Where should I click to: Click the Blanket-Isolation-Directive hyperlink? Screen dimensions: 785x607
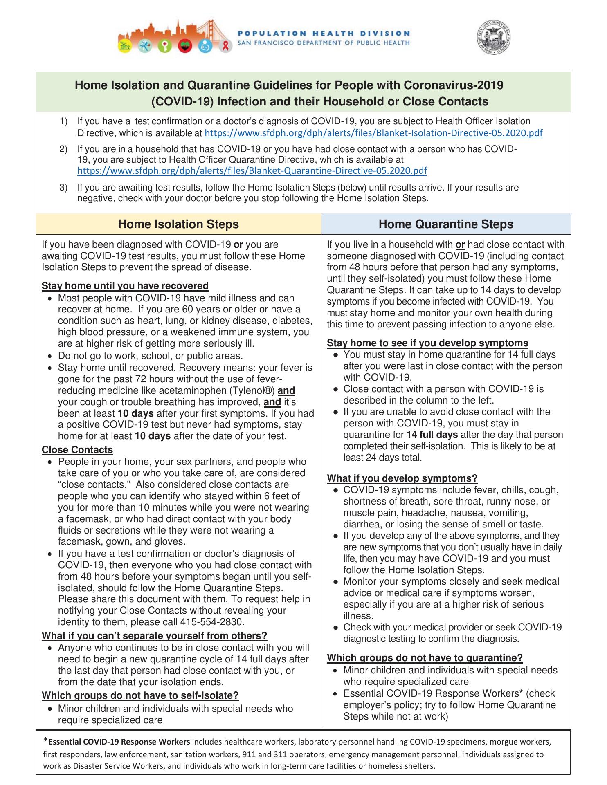[x=373, y=133]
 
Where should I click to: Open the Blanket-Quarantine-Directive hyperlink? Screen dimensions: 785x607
[x=252, y=170]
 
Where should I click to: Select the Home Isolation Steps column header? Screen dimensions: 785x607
[x=178, y=224]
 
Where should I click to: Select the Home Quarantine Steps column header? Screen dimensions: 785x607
[x=446, y=224]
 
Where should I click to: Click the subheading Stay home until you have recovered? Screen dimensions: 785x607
[x=125, y=285]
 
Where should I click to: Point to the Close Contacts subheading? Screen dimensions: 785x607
[x=77, y=450]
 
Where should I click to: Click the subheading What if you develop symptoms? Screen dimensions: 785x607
[x=402, y=478]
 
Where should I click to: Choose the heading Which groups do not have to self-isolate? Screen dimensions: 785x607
[x=140, y=695]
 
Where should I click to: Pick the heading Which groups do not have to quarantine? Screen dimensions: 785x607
[x=425, y=657]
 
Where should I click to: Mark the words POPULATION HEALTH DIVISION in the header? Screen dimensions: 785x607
[x=324, y=34]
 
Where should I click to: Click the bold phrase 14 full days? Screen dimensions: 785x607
[x=432, y=435]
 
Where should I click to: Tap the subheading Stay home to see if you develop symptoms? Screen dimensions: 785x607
[x=427, y=343]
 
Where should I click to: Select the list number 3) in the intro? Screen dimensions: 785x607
[x=63, y=188]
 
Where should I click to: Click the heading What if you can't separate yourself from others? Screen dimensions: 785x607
[x=155, y=635]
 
